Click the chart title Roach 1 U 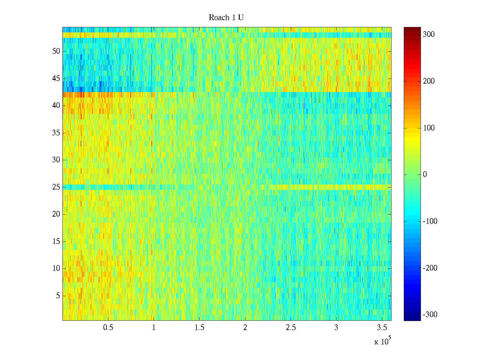(x=226, y=18)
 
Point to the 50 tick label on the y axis (x=56, y=51)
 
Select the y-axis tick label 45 (x=56, y=79)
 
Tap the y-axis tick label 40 (x=56, y=106)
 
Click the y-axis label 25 (x=56, y=187)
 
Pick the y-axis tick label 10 (x=56, y=268)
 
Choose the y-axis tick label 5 (x=58, y=296)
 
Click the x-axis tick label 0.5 (x=108, y=328)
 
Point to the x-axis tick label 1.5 (x=199, y=328)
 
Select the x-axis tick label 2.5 (x=291, y=328)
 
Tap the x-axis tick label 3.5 (x=382, y=328)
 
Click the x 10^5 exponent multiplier (x=382, y=341)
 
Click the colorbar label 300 (x=429, y=34)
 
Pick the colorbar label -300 (x=430, y=315)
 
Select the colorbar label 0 (x=425, y=175)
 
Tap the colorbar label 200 (x=429, y=81)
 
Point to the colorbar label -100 (x=430, y=221)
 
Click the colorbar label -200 (x=430, y=268)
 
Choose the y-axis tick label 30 (x=56, y=160)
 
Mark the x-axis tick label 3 (x=336, y=328)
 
